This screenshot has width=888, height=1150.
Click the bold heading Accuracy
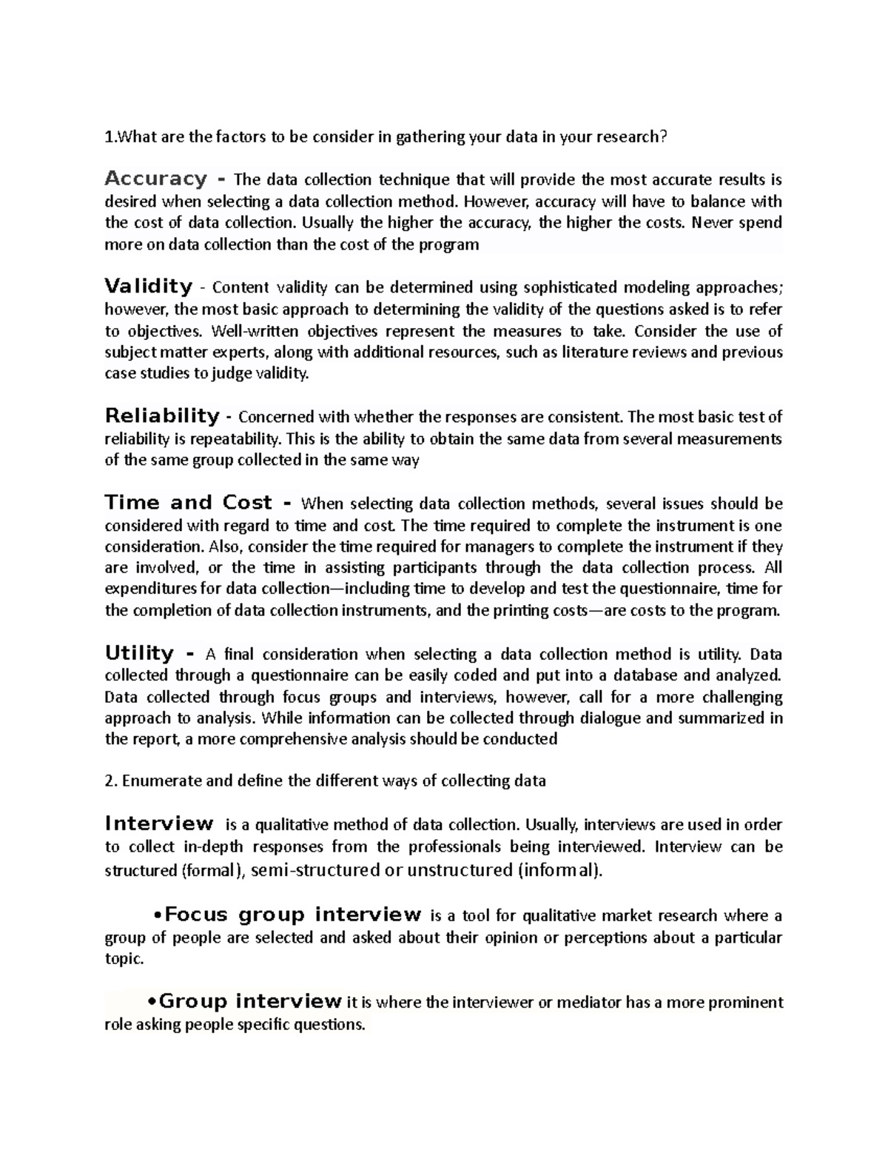pos(155,178)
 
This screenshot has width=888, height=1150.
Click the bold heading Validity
pos(149,286)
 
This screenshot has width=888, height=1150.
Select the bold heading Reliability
pos(162,415)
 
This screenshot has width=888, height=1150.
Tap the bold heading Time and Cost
pos(189,503)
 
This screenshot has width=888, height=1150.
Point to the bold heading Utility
pos(139,653)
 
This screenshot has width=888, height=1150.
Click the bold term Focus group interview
pos(293,915)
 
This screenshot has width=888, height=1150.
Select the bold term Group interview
pos(250,1002)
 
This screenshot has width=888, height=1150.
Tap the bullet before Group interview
pos(152,1003)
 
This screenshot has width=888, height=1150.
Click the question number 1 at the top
pos(109,137)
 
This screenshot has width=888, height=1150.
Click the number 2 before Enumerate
pos(109,780)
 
